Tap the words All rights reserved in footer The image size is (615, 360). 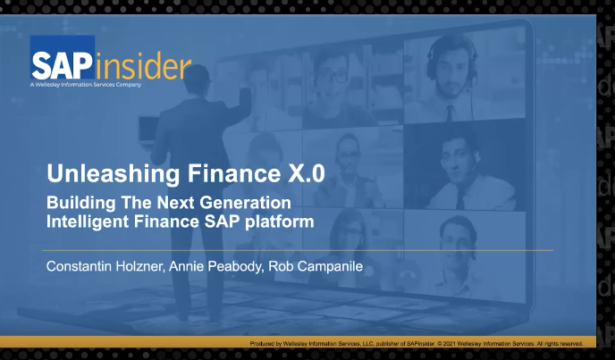click(559, 343)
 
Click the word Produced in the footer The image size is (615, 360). click(265, 343)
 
